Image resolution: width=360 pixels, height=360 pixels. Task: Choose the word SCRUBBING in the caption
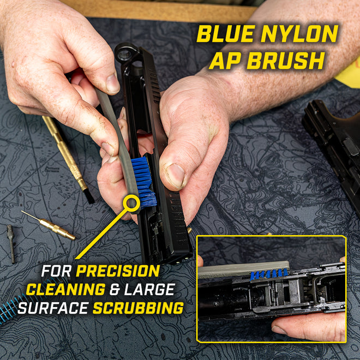coord(138,308)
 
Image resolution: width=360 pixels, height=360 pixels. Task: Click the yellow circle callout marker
coord(131,204)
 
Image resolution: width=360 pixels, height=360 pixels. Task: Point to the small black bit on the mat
coord(11,243)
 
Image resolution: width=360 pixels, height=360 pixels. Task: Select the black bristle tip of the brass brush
coord(88,196)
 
